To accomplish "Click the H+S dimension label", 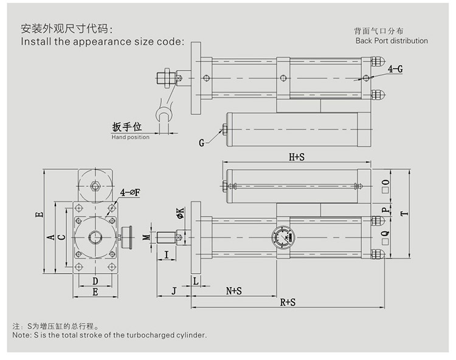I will [x=296, y=157].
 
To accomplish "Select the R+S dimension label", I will [x=288, y=302].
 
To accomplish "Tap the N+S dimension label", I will [x=234, y=291].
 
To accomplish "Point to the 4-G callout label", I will [x=395, y=69].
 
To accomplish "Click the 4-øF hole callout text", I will [x=130, y=192].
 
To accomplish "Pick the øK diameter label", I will [x=180, y=212].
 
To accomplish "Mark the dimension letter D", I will [x=95, y=280].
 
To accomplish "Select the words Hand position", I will [x=130, y=137].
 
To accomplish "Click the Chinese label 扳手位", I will [x=126, y=127].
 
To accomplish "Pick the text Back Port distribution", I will [x=392, y=41].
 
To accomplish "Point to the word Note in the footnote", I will [x=21, y=335].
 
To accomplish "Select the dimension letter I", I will [x=167, y=254].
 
